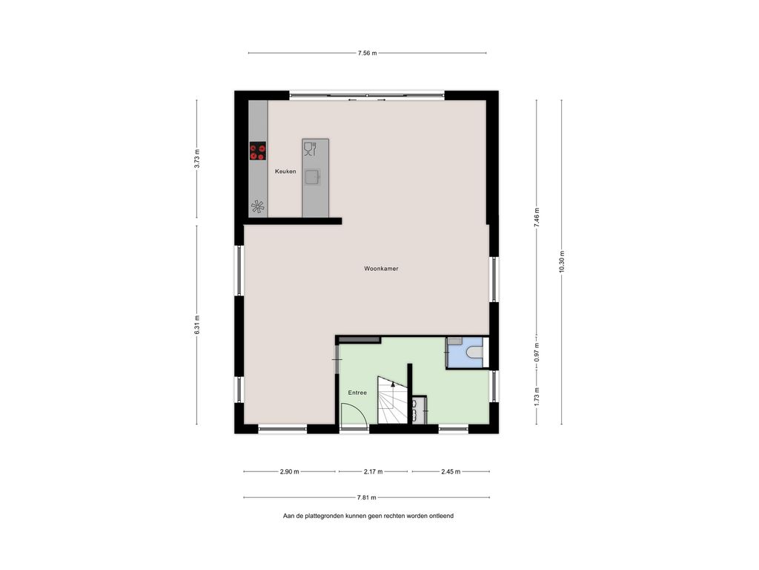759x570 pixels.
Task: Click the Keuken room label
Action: click(x=285, y=171)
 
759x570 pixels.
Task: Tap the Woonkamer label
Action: click(x=381, y=269)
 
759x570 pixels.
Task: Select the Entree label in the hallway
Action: click(x=357, y=393)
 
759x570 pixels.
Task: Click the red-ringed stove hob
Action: click(x=257, y=151)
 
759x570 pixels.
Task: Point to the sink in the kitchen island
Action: click(x=314, y=177)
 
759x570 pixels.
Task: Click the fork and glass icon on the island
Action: click(x=310, y=148)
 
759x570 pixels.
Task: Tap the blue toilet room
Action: click(x=465, y=353)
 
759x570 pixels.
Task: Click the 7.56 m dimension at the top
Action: click(x=367, y=53)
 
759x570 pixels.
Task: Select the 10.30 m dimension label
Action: click(x=561, y=261)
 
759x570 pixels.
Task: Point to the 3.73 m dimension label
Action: click(x=197, y=159)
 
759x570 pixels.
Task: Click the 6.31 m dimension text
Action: click(x=197, y=325)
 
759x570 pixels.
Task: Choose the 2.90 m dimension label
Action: click(x=289, y=471)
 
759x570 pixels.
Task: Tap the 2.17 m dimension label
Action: click(x=373, y=471)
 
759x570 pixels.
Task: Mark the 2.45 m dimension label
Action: click(x=451, y=471)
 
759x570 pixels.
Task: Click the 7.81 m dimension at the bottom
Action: click(x=367, y=498)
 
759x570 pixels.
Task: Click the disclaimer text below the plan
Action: click(x=368, y=516)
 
